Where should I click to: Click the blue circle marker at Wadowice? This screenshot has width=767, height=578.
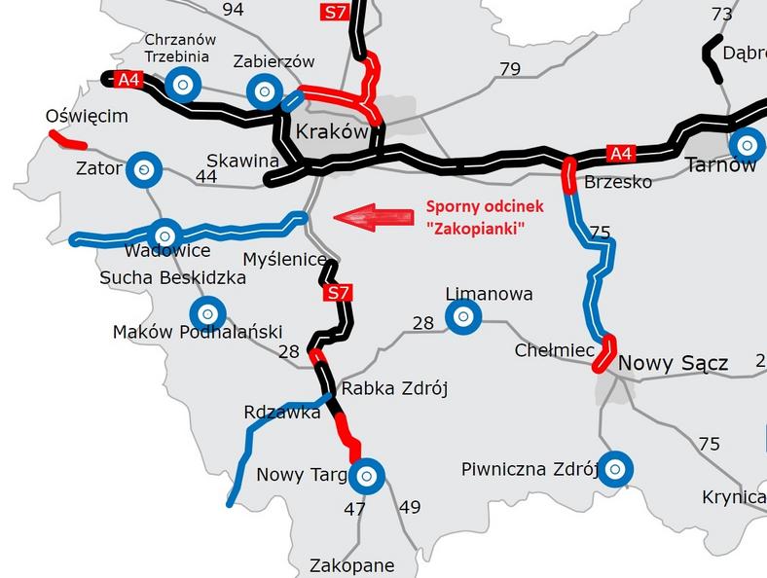pos(164,235)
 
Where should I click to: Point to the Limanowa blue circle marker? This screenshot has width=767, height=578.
pos(462,316)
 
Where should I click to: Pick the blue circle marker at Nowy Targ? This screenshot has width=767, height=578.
pos(367,476)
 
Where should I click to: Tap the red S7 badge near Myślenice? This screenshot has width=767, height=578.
pos(337,292)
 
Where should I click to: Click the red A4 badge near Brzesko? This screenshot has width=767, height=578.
pos(621,153)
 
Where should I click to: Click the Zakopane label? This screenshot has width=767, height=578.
pos(351,564)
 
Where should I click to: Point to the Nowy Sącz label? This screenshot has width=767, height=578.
pos(673,363)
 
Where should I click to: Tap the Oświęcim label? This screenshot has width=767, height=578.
pos(87,117)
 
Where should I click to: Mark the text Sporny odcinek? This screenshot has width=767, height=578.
pos(484,206)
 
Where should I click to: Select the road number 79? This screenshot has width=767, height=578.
pos(509,69)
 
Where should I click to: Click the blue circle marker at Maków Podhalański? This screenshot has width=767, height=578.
pos(206,313)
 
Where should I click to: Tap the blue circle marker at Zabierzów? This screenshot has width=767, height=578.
pos(263,92)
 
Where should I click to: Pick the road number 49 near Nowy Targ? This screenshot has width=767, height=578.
pos(409,506)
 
